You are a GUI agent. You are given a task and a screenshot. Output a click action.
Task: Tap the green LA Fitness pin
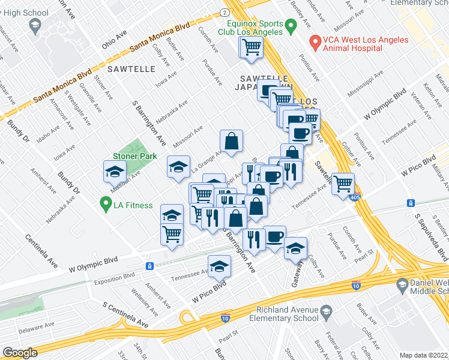[106, 204]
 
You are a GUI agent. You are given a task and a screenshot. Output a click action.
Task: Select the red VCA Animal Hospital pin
[314, 42]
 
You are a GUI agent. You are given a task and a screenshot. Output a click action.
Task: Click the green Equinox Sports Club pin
[291, 26]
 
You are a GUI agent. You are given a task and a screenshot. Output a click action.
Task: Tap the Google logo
[20, 353]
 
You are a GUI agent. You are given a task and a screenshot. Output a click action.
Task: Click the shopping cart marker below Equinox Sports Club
[252, 47]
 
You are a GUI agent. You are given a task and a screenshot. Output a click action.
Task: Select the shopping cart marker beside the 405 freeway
[343, 184]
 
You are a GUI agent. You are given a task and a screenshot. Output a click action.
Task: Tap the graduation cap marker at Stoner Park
[115, 172]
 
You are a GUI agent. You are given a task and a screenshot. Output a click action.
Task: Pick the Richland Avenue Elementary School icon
[325, 311]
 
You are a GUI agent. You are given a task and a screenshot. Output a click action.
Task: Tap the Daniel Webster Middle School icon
[402, 287]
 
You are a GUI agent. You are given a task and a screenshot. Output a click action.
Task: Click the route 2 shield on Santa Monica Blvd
[224, 12]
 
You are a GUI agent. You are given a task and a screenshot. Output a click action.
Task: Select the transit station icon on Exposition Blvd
[149, 266]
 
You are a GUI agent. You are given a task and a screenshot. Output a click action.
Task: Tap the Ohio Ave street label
[114, 39]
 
